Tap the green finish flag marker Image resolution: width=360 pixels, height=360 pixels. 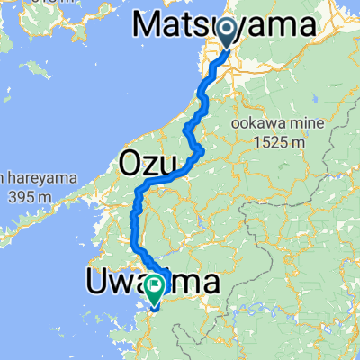tap(155, 288)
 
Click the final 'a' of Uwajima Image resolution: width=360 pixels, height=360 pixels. tap(211, 283)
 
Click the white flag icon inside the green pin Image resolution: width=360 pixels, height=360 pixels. tap(155, 288)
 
